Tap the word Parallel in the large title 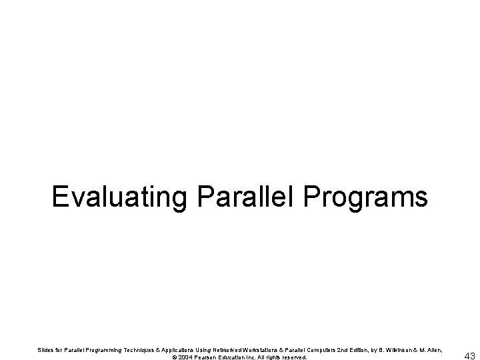pos(242,197)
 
